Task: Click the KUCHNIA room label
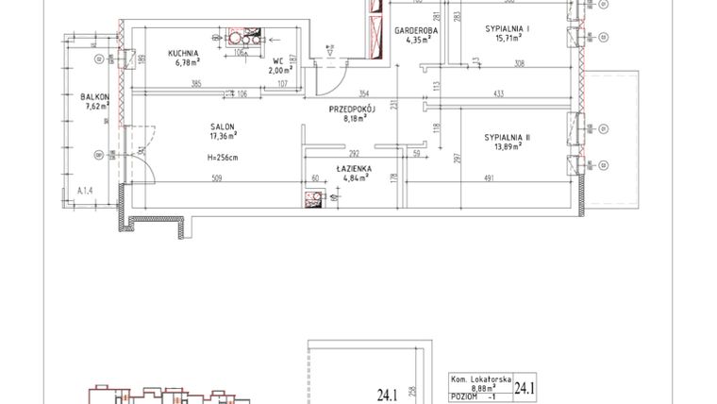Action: click(183, 54)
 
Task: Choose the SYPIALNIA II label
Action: click(508, 138)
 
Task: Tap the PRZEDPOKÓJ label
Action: click(353, 109)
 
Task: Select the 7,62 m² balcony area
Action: click(95, 107)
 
